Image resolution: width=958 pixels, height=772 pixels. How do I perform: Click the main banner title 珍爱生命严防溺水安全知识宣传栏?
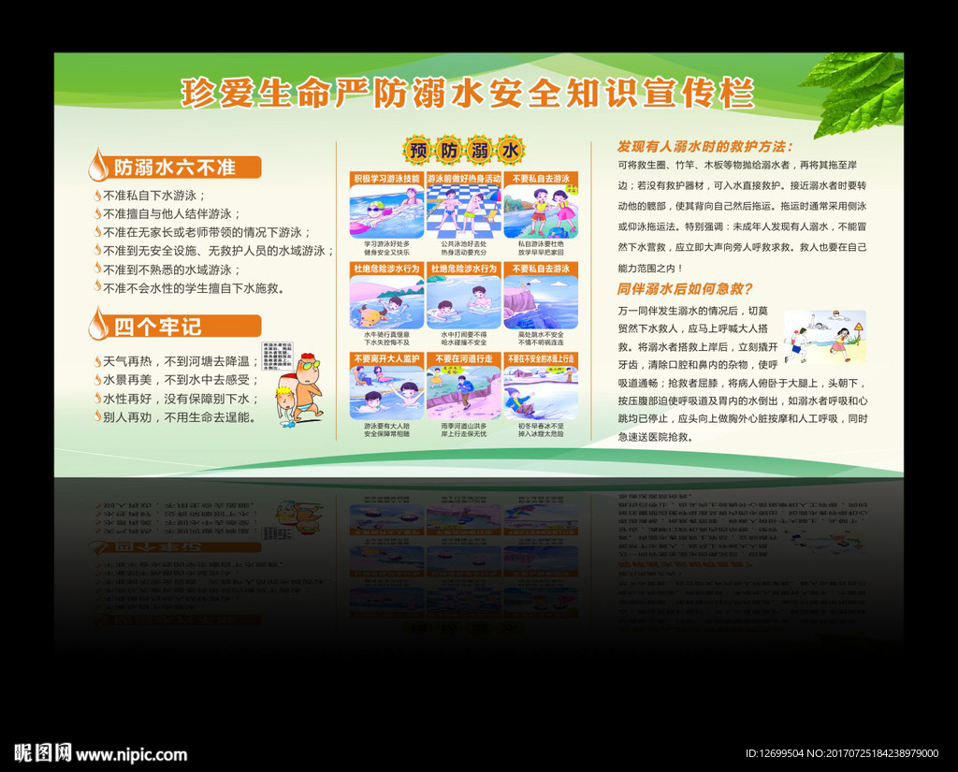pyautogui.click(x=466, y=94)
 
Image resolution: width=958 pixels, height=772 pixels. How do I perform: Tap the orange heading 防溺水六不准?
pyautogui.click(x=174, y=168)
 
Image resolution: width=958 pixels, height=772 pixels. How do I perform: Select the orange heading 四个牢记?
pyautogui.click(x=158, y=327)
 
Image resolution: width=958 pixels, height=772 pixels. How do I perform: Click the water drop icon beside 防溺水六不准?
pyautogui.click(x=97, y=167)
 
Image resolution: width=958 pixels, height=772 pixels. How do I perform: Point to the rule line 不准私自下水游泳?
pyautogui.click(x=154, y=196)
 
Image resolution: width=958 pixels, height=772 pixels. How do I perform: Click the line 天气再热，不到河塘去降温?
pyautogui.click(x=177, y=361)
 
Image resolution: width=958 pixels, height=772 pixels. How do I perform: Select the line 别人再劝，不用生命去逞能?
pyautogui.click(x=177, y=417)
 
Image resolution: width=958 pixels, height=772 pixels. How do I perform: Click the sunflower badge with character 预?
pyautogui.click(x=417, y=151)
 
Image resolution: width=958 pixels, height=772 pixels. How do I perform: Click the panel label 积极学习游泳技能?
pyautogui.click(x=385, y=178)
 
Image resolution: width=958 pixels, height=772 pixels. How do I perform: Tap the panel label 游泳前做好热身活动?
pyautogui.click(x=463, y=178)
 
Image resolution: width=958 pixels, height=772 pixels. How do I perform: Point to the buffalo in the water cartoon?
pyautogui.click(x=372, y=313)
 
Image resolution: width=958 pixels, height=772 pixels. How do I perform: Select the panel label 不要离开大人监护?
pyautogui.click(x=385, y=358)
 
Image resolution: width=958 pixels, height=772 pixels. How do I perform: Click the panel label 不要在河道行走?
pyautogui.click(x=463, y=358)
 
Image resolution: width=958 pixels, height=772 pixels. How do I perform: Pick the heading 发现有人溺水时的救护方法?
pyautogui.click(x=704, y=147)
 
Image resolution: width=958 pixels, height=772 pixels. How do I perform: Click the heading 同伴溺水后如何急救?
pyautogui.click(x=685, y=289)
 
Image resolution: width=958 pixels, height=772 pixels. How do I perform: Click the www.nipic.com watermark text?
pyautogui.click(x=131, y=754)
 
